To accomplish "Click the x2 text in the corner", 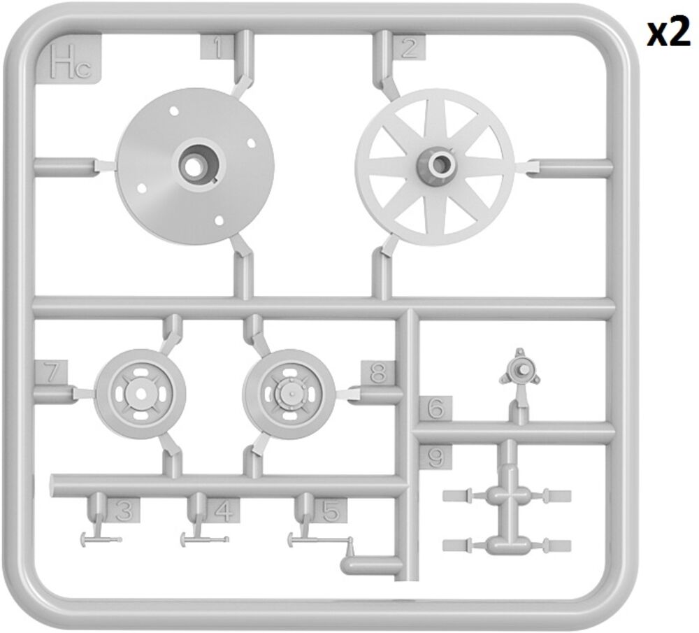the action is [x=669, y=34].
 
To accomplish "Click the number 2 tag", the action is [x=408, y=48].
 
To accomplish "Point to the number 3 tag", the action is [x=123, y=511].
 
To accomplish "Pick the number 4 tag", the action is [x=223, y=511].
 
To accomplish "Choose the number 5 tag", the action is [x=331, y=511].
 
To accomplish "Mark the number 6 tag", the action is [x=435, y=408].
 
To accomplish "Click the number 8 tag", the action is [x=378, y=373].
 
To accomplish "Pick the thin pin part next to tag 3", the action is [x=101, y=539].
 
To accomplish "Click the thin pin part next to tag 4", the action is [x=205, y=539].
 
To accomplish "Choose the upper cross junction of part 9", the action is [x=507, y=495].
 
